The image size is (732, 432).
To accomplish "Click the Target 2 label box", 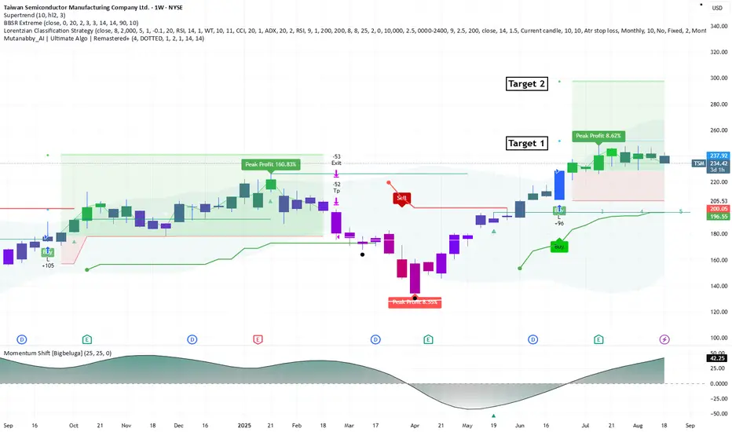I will tap(525, 84).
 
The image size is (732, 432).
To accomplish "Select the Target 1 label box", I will tap(525, 143).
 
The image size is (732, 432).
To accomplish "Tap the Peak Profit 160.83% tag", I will tap(269, 164).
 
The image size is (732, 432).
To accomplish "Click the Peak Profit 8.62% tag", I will tap(598, 136).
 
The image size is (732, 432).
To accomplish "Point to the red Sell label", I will tap(401, 198).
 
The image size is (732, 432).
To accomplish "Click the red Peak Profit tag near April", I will tap(414, 302).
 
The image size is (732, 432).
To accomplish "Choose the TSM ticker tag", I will tap(698, 163).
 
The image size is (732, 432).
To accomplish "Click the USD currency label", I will tap(716, 8).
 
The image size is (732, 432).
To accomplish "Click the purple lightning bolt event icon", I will tap(664, 339).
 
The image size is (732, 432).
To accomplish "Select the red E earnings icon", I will tap(258, 339).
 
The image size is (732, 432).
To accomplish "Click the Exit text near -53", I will tap(336, 163).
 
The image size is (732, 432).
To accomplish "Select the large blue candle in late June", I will tap(560, 185).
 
